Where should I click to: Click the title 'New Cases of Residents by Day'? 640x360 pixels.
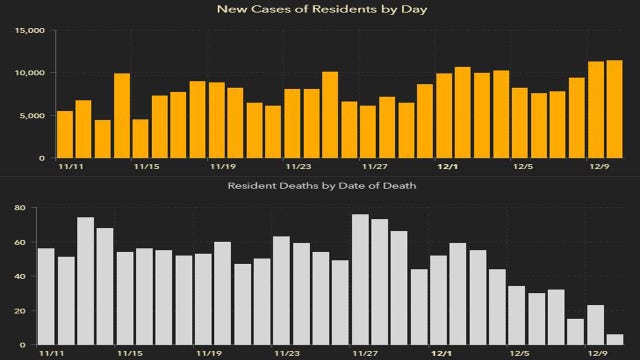319,10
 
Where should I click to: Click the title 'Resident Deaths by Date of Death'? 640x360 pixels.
319,186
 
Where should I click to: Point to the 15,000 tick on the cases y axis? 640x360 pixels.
29,30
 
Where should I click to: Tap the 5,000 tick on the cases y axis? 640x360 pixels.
32,115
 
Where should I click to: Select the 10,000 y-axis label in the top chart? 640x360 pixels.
29,73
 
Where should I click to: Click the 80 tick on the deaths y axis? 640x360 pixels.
19,208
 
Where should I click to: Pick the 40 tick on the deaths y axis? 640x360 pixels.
19,277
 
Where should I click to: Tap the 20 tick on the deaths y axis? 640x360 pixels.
19,311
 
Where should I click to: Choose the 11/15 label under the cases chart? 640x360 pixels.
146,167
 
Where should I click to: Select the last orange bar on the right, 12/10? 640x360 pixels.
613,109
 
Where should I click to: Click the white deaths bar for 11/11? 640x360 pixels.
46,296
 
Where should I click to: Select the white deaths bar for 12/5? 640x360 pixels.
517,316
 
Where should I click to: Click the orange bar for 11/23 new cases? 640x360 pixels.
292,123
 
